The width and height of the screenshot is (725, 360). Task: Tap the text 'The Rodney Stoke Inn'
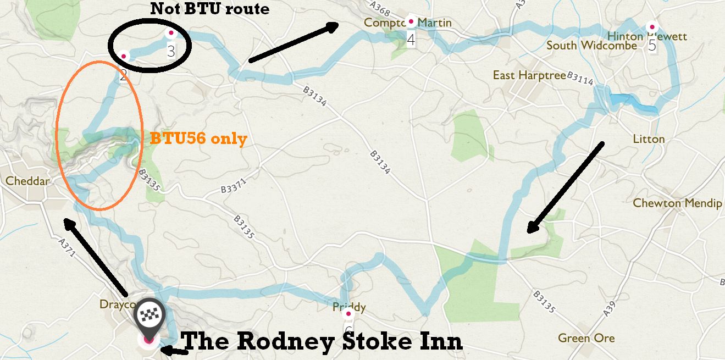tap(322, 341)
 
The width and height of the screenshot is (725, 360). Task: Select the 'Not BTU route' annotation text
tap(209, 9)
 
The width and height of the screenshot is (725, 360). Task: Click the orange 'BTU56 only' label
tap(198, 139)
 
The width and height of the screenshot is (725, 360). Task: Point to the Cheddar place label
tap(28, 181)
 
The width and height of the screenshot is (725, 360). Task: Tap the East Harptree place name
tap(529, 75)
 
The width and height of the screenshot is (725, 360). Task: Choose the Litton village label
tap(649, 139)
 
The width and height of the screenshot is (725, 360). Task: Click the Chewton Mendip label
tap(677, 203)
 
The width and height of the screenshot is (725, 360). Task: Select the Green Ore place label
tap(586, 338)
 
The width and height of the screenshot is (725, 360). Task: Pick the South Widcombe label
tap(591, 45)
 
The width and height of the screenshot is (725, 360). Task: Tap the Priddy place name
tap(349, 307)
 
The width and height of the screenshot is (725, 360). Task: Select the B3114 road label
tap(580, 79)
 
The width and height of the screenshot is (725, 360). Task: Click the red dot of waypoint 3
tap(170, 34)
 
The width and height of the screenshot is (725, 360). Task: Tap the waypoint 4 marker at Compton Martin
tap(410, 22)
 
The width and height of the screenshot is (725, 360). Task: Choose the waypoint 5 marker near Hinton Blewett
tap(652, 26)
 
